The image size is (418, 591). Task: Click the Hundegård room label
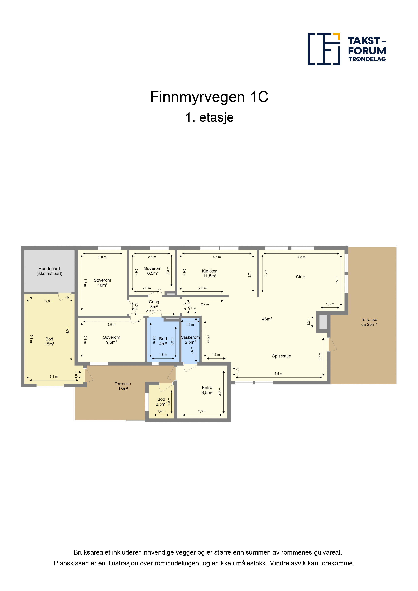click(x=49, y=271)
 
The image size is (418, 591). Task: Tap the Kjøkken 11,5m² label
click(x=210, y=273)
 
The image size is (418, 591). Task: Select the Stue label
click(x=300, y=277)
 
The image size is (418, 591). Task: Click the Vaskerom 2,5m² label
click(x=190, y=340)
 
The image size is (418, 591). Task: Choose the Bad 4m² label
click(x=163, y=341)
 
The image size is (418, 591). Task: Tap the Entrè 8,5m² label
click(x=207, y=390)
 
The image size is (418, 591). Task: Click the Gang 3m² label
click(x=154, y=304)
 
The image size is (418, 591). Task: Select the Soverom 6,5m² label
click(x=153, y=271)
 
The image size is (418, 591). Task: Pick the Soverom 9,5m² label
click(x=112, y=340)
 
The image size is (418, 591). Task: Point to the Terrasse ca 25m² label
click(x=369, y=322)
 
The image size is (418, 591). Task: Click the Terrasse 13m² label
click(x=123, y=386)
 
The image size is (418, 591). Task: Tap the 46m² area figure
click(x=267, y=319)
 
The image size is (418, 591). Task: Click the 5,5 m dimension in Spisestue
click(x=279, y=374)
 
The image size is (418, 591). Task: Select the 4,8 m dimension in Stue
click(x=302, y=257)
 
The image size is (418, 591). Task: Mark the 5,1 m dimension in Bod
click(x=31, y=339)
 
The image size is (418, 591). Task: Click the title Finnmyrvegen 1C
click(x=209, y=97)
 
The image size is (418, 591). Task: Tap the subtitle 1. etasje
click(x=209, y=118)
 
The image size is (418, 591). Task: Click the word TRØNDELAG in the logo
click(x=367, y=59)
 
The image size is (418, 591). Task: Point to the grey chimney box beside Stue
click(x=323, y=322)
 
